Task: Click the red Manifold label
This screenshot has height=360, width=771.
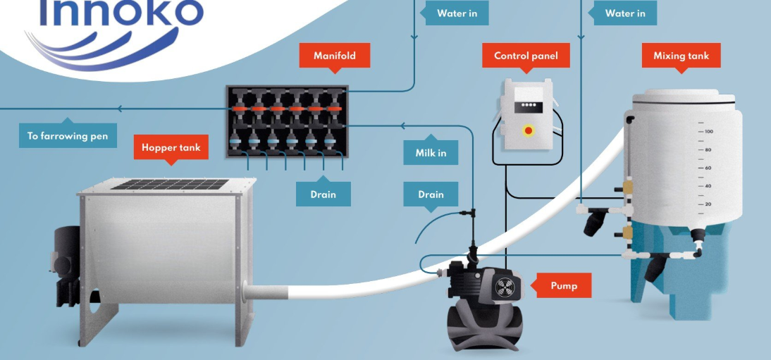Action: pos(335,55)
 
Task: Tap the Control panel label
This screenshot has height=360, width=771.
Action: pos(526,55)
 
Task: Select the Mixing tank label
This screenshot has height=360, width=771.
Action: pos(681,55)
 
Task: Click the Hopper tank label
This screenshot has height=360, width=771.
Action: pos(171,147)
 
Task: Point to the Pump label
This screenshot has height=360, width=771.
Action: pos(564,286)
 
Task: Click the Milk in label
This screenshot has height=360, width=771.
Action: pos(431,153)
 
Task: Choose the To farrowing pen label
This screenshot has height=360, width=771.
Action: pos(68,136)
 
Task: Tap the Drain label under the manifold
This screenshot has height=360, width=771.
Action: pos(323,194)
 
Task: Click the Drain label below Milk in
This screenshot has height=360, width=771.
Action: pos(431,194)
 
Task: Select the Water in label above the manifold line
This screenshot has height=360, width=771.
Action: pos(457,13)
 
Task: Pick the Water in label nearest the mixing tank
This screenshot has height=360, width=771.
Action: pos(625,13)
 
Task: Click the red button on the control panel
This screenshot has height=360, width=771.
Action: pos(526,130)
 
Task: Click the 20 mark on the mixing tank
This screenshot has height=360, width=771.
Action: pos(707,204)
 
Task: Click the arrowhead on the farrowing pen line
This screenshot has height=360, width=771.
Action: pos(121,108)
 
